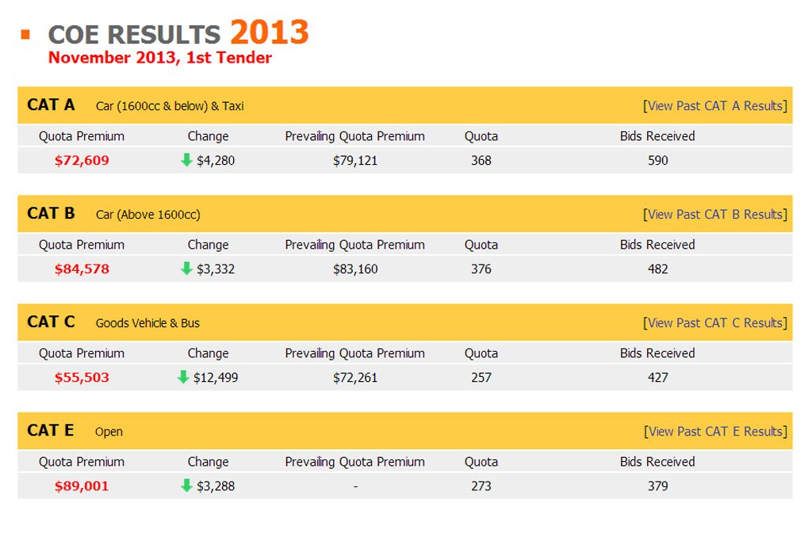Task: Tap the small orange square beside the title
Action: click(25, 34)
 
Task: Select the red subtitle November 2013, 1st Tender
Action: click(159, 58)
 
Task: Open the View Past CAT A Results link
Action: click(715, 105)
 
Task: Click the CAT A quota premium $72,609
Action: click(82, 160)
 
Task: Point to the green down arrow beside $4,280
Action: click(187, 160)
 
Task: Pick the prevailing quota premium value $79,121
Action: click(355, 160)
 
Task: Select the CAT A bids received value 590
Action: click(657, 160)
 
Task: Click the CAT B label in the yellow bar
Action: click(51, 214)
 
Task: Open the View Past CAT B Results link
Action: click(715, 214)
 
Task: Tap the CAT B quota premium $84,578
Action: click(82, 269)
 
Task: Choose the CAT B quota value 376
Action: click(481, 269)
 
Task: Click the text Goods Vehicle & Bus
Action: click(147, 323)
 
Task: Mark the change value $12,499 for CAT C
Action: click(216, 377)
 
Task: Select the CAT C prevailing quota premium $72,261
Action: click(355, 377)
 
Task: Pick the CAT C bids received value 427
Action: click(657, 377)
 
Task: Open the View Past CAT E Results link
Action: click(715, 431)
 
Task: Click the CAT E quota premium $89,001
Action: click(82, 486)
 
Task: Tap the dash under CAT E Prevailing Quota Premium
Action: click(355, 486)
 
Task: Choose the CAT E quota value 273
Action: click(481, 486)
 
